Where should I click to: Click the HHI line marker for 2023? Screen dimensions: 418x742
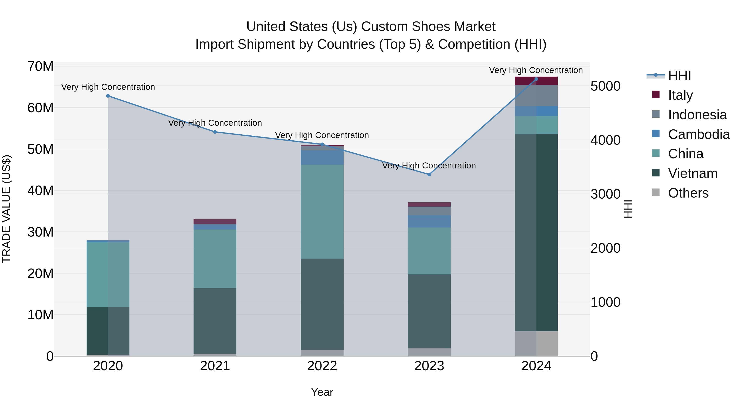pyautogui.click(x=429, y=174)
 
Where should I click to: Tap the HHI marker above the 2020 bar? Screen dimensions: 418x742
pyautogui.click(x=108, y=96)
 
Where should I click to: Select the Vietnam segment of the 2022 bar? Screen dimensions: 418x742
pyautogui.click(x=322, y=304)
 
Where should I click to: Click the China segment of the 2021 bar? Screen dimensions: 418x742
pyautogui.click(x=215, y=259)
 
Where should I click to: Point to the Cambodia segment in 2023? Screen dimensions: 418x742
pyautogui.click(x=429, y=221)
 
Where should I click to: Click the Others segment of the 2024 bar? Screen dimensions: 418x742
pyautogui.click(x=536, y=343)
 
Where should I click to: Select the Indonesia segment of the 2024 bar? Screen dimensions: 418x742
pyautogui.click(x=536, y=96)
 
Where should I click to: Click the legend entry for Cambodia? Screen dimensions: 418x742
pyautogui.click(x=699, y=134)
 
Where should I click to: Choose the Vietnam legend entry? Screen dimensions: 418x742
pyautogui.click(x=693, y=173)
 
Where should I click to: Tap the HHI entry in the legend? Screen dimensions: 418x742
pyautogui.click(x=679, y=76)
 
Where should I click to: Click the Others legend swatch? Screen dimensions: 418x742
pyautogui.click(x=656, y=192)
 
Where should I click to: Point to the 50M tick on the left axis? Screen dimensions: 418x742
pyautogui.click(x=40, y=149)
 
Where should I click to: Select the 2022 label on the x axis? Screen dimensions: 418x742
pyautogui.click(x=322, y=366)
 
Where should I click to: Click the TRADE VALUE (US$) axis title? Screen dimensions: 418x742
pyautogui.click(x=6, y=209)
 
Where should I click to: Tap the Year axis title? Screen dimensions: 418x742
pyautogui.click(x=322, y=392)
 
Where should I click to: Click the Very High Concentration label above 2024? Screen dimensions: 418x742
pyautogui.click(x=536, y=70)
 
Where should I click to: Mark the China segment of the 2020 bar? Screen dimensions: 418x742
pyautogui.click(x=108, y=275)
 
